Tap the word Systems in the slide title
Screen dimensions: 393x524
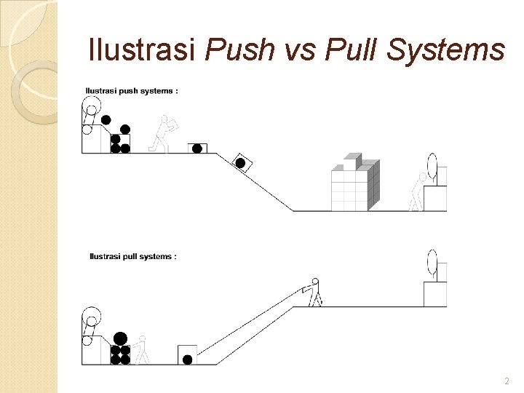point(445,49)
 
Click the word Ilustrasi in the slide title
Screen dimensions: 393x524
point(143,49)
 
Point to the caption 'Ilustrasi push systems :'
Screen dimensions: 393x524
point(132,92)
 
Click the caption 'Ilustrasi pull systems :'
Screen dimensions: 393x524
point(133,256)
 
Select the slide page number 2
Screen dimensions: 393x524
point(507,381)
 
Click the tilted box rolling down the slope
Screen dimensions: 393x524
point(241,163)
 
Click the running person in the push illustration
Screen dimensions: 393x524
point(164,134)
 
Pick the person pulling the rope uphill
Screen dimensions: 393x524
point(314,292)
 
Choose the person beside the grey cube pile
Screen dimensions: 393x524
point(418,193)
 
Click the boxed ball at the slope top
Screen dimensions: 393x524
point(196,148)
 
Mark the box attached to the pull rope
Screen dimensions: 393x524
point(187,355)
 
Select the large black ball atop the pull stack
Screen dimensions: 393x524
point(120,338)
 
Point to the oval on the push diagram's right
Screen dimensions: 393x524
point(432,165)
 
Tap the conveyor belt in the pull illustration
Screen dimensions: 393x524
point(90,326)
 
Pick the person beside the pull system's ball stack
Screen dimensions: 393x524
point(141,349)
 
